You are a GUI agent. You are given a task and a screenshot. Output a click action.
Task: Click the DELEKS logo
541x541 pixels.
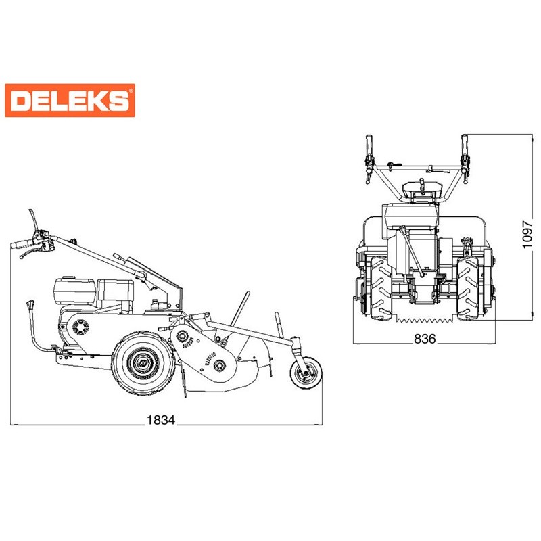[x=70, y=100]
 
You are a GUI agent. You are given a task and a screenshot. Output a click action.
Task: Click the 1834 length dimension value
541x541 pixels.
[x=161, y=420]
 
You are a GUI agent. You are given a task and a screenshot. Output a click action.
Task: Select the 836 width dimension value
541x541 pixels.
[x=425, y=339]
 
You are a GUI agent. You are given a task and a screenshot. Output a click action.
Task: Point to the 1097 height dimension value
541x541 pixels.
[x=527, y=234]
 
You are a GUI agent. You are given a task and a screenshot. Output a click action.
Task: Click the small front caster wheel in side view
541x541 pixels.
[x=306, y=373]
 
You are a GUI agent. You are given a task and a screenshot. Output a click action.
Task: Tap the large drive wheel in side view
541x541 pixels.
[x=143, y=362]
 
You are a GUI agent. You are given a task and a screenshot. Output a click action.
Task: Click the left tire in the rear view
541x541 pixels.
[x=381, y=288]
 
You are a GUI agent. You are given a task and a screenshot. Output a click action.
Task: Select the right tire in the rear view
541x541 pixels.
[x=468, y=288]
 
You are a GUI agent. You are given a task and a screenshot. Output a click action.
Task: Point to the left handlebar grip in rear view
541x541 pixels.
[x=369, y=145]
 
